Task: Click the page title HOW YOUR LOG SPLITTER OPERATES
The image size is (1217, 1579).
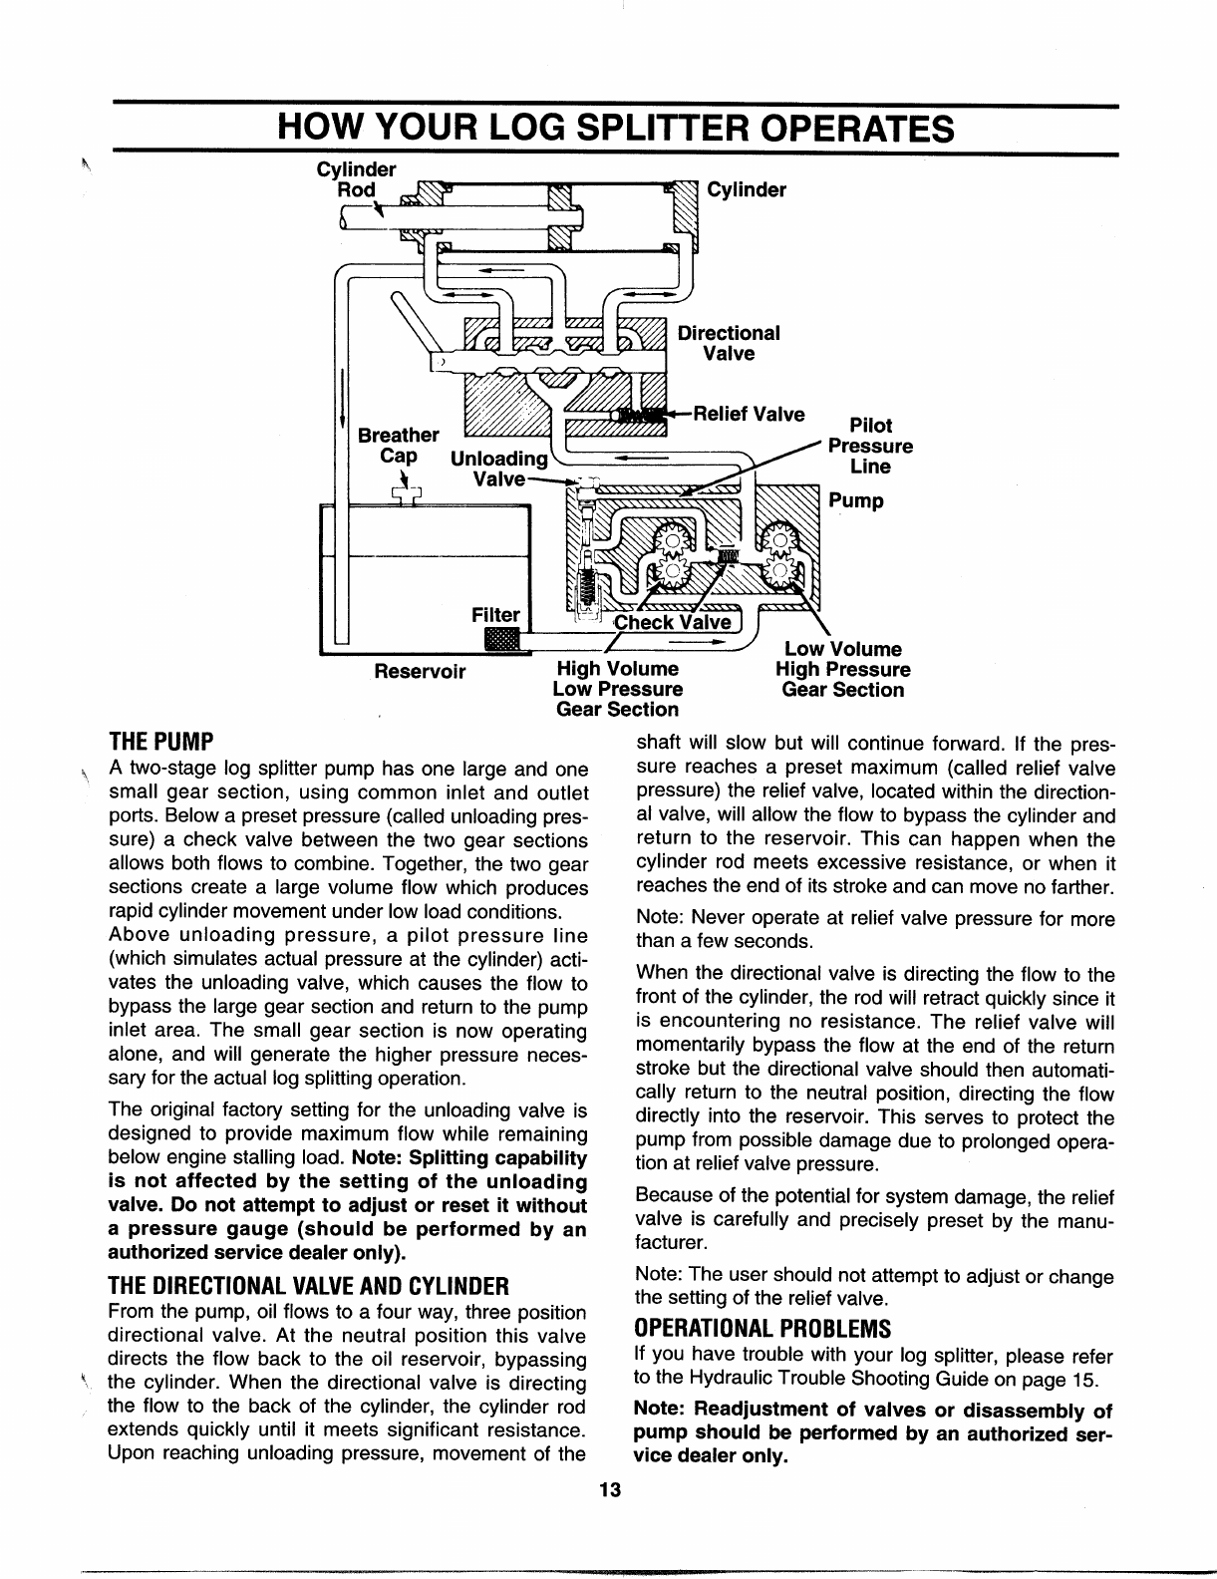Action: (x=614, y=129)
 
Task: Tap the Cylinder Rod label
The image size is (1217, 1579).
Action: (x=356, y=179)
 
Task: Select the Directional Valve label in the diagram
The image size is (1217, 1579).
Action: (x=729, y=343)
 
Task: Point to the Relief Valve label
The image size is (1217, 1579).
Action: (x=749, y=413)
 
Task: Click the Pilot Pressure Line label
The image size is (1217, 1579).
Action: (x=869, y=446)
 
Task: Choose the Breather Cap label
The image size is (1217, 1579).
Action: (x=398, y=446)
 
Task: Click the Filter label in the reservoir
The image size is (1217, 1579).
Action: (x=495, y=615)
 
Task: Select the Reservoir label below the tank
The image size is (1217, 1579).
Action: (x=420, y=671)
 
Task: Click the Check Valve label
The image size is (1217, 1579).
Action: (x=673, y=623)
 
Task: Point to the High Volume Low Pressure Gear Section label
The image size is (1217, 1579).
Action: (x=617, y=689)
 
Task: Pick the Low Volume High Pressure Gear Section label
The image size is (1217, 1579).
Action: (x=843, y=670)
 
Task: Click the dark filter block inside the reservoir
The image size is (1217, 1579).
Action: (x=495, y=639)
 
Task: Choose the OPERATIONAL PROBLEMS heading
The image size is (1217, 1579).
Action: (x=761, y=1330)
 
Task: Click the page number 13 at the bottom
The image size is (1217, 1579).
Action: (x=610, y=1490)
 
